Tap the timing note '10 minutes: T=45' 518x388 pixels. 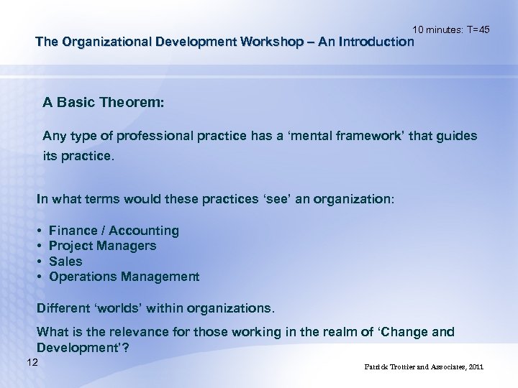[x=451, y=29]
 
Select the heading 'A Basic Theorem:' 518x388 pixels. [x=104, y=103]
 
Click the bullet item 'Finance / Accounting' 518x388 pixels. [x=114, y=231]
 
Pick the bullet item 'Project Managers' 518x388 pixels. [x=102, y=246]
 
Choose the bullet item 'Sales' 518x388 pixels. [x=65, y=262]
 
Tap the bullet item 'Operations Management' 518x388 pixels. [x=124, y=277]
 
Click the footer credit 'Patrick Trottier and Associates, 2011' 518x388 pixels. [x=424, y=367]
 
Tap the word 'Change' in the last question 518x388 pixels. [x=406, y=332]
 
